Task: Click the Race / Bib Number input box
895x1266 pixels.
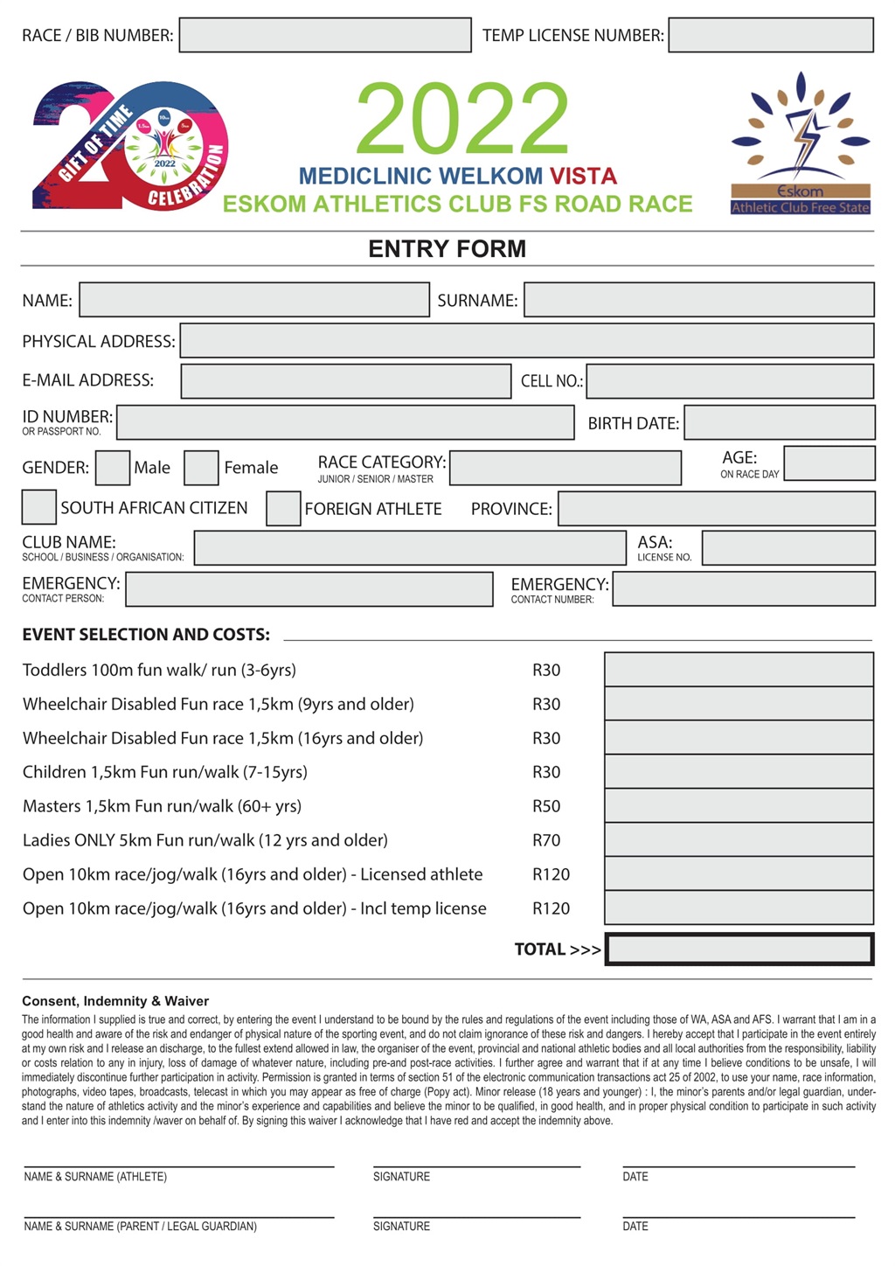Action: tap(325, 36)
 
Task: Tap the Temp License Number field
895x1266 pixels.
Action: tap(771, 36)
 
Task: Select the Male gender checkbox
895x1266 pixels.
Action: tap(113, 468)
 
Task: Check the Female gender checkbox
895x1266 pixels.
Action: tap(202, 468)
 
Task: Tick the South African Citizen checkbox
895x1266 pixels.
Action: tap(39, 508)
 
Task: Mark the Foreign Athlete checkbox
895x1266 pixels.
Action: tap(283, 509)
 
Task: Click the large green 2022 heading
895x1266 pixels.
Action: tap(462, 119)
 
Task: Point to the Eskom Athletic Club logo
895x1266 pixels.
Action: tap(801, 145)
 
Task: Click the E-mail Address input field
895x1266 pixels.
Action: tap(346, 381)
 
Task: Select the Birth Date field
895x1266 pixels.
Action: tap(779, 423)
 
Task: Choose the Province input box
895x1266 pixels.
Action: tap(716, 509)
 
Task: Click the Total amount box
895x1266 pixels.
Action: tap(739, 949)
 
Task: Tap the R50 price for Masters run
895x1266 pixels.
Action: tap(546, 806)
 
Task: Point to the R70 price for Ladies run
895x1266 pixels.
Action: tap(546, 840)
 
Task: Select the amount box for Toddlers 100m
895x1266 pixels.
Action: tap(739, 671)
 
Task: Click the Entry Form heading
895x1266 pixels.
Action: tap(447, 249)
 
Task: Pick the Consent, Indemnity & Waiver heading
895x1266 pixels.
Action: tap(115, 1001)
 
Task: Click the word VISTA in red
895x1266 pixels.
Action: tap(583, 176)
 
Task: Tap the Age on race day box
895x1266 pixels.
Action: tap(829, 463)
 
